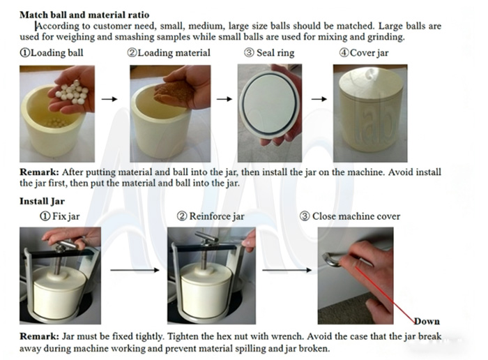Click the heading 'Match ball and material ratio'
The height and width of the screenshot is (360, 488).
click(84, 14)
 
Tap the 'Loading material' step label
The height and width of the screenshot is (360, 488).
click(168, 53)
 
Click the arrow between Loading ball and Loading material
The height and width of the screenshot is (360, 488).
click(109, 99)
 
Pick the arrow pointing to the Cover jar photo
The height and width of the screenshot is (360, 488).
click(319, 99)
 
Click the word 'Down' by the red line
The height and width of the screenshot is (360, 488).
click(426, 321)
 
